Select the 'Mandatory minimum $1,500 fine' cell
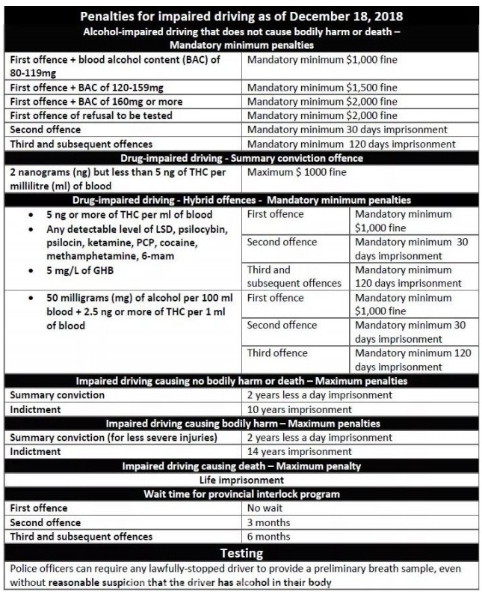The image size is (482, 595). (322, 88)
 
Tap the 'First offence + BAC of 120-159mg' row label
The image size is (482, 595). (88, 88)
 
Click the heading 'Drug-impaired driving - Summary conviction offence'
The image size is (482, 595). (241, 158)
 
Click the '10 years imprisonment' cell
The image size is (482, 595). (300, 409)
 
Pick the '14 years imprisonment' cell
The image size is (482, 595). (300, 451)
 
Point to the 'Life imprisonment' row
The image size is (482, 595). (241, 480)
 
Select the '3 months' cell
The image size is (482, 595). (270, 522)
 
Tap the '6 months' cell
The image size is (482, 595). (270, 537)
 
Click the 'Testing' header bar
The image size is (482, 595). (241, 553)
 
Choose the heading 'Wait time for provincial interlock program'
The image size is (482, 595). (241, 494)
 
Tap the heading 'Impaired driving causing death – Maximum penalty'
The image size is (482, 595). (241, 466)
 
